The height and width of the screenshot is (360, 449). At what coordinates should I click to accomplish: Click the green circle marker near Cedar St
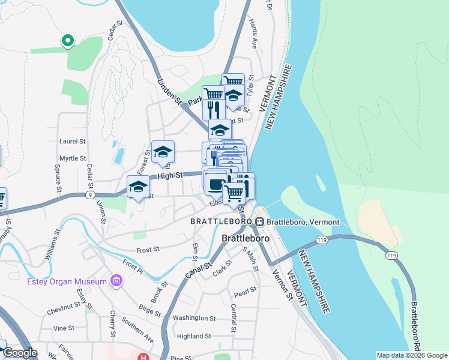click(68, 41)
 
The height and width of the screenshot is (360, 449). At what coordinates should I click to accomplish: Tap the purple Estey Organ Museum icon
click(116, 281)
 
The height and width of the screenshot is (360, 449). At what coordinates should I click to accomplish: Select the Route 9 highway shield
click(89, 195)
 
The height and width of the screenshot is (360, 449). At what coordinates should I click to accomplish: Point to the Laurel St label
click(73, 142)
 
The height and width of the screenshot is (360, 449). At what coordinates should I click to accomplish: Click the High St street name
click(169, 176)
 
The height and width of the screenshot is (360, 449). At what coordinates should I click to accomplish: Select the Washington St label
click(194, 318)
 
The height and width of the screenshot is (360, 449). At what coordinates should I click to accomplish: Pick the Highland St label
click(193, 337)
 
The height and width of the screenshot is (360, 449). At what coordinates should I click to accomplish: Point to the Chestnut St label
click(66, 313)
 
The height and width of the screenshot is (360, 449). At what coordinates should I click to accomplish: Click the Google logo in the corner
click(20, 353)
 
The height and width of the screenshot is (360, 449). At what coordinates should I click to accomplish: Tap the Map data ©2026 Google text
click(412, 355)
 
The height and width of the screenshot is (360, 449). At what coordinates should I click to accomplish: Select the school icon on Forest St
click(163, 152)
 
